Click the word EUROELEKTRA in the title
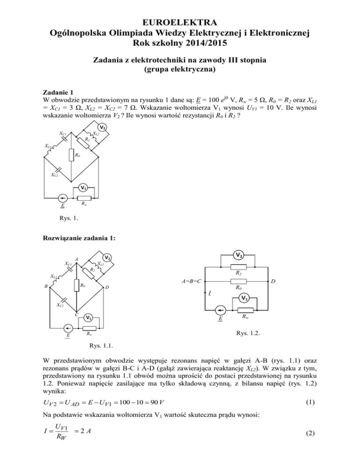[x=180, y=22]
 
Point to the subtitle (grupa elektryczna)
[x=180, y=72]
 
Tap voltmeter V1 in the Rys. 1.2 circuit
[x=243, y=299]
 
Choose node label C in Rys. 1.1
[x=75, y=315]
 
